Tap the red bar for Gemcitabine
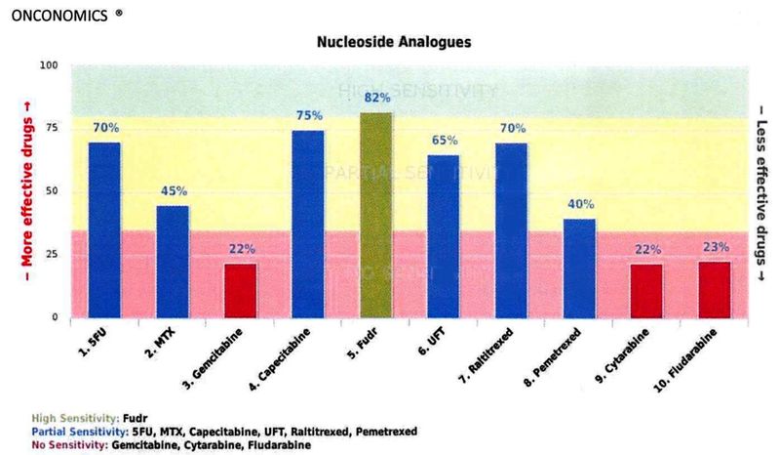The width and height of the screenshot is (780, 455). click(241, 290)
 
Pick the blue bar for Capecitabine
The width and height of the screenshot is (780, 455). click(308, 224)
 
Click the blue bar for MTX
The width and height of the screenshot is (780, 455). click(173, 261)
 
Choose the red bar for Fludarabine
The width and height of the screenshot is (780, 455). click(714, 289)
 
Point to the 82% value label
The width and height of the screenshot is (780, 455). click(377, 98)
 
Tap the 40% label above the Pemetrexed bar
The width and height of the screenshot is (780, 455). click(579, 204)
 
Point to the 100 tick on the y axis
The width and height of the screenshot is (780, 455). click(49, 65)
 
